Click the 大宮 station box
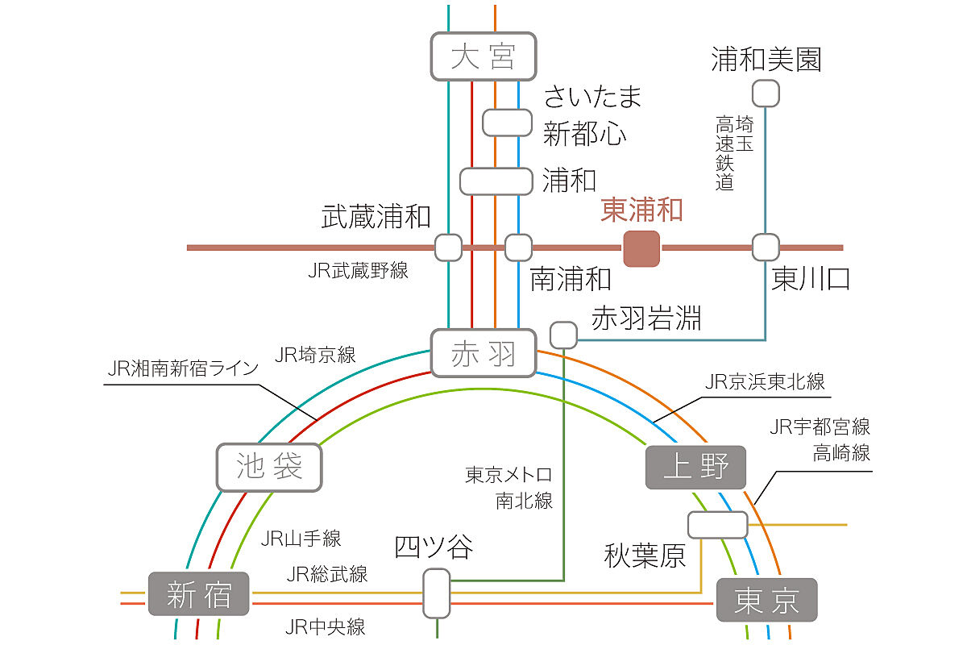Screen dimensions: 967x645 pos(483,56)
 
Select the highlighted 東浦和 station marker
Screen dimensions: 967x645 pos(641,248)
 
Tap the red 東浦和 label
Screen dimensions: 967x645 pos(641,210)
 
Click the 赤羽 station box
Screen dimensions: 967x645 pos(483,353)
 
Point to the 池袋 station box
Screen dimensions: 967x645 pos(269,467)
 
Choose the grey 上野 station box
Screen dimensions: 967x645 pos(695,467)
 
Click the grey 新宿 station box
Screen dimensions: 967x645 pos(198,593)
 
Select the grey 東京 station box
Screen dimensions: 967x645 pos(766,600)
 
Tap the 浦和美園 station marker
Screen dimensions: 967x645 pos(766,93)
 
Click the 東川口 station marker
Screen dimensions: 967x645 pos(766,247)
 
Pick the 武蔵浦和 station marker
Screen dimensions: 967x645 pos(448,247)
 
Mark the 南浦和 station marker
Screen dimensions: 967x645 pos(518,247)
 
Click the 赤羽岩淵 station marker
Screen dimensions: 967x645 pos(563,335)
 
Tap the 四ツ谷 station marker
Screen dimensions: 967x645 pos(437,593)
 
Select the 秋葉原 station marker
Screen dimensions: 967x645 pos(717,525)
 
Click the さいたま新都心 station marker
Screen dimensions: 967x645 pos(507,123)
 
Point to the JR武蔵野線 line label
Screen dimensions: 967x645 pos(358,270)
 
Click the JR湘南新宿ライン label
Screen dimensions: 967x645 pos(183,368)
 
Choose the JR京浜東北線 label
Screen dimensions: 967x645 pos(765,381)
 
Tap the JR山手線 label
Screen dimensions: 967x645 pos(301,539)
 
